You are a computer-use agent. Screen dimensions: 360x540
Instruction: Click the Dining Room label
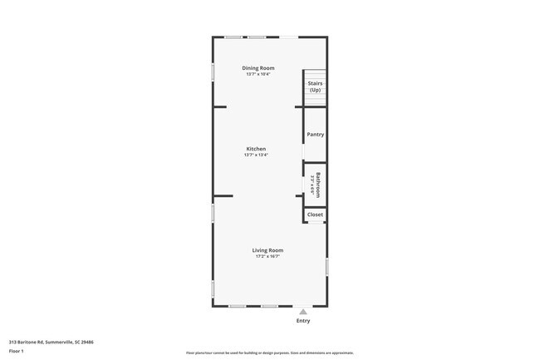258,67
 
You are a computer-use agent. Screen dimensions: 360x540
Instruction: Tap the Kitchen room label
255,149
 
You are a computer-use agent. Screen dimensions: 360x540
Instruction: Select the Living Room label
268,249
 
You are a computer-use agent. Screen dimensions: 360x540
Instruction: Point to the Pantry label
315,134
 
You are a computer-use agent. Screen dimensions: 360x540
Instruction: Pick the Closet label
315,215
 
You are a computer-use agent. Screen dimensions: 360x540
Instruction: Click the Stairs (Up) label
315,86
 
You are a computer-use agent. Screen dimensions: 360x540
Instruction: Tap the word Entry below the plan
303,321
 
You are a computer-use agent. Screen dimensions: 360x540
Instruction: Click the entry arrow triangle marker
303,312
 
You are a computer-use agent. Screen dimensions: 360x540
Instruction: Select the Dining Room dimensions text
258,74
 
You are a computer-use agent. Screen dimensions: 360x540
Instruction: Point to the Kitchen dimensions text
255,155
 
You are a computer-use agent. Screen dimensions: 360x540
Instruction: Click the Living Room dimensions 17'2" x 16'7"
268,256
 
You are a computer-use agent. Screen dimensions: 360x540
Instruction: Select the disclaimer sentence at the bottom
269,353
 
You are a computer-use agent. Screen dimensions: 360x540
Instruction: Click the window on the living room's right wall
326,266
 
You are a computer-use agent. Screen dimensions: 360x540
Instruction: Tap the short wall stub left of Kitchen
219,106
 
